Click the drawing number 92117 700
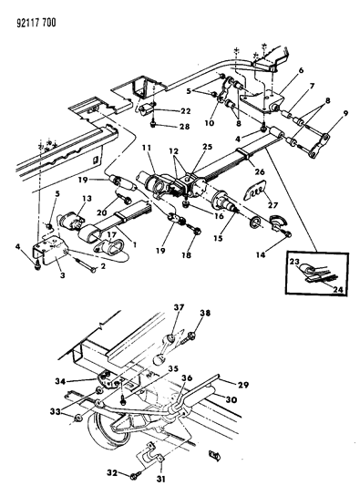(36, 23)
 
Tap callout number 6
(301, 70)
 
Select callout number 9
(345, 113)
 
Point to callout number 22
(185, 111)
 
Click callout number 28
(184, 127)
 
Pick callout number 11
(146, 148)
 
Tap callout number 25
(207, 147)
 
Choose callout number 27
(273, 205)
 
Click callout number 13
(87, 198)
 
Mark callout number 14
(261, 254)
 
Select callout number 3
(63, 275)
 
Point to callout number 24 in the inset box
(339, 289)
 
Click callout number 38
(205, 313)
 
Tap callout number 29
(243, 385)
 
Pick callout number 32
(112, 472)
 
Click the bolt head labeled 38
(190, 335)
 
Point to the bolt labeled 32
(136, 475)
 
